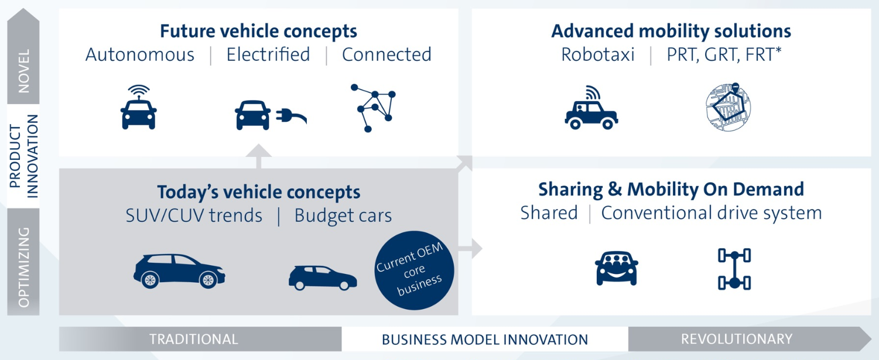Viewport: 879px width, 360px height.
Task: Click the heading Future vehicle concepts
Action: pos(258,30)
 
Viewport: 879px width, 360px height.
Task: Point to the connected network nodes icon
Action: pos(372,107)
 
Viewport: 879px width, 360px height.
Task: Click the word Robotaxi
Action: pos(597,54)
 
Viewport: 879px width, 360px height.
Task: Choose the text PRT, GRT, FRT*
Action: pos(724,54)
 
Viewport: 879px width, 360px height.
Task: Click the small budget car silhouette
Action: pos(322,277)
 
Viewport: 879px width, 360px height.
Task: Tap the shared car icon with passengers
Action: pos(616,268)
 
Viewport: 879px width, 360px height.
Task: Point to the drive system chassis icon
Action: pos(734,269)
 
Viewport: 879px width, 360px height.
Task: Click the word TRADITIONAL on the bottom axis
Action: pos(193,339)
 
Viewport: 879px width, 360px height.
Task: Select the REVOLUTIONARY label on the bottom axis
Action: pos(736,339)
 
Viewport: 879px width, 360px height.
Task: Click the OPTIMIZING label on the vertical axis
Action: pos(23,267)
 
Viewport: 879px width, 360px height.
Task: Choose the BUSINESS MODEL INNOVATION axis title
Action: pos(484,340)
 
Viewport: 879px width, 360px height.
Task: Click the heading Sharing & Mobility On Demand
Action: pos(671,189)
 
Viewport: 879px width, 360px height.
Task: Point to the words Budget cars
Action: pos(343,215)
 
